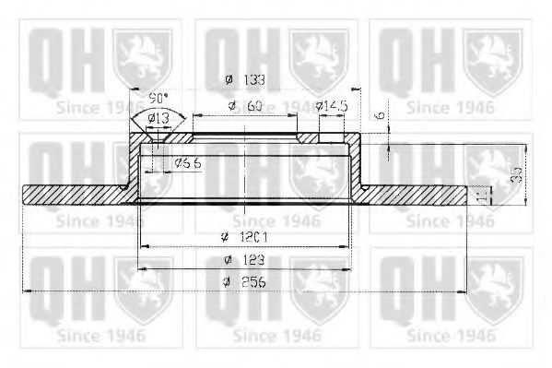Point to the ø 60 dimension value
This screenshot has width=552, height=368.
(x=246, y=107)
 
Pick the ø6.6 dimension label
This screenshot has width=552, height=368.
(x=188, y=163)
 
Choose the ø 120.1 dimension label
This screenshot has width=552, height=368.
(x=244, y=237)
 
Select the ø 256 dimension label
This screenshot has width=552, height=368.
(x=243, y=283)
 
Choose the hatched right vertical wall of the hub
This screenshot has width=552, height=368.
(x=356, y=171)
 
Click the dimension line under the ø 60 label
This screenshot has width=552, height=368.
(x=244, y=117)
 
